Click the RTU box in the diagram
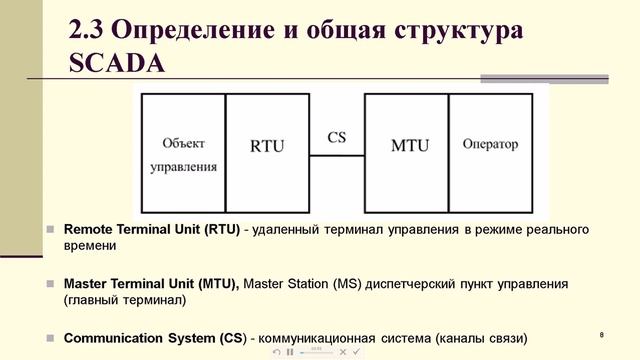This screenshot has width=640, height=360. tap(266, 146)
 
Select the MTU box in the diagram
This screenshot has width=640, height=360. tap(407, 146)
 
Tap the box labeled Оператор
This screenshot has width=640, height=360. tap(490, 145)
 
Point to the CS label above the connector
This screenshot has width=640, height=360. tap(337, 136)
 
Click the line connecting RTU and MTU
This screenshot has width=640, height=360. tap(336, 155)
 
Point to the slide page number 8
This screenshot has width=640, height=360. tap(601, 333)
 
